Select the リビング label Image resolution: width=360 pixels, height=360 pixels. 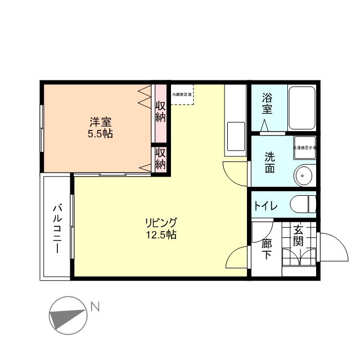coord(160,222)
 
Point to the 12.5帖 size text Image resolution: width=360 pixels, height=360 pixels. coord(160,235)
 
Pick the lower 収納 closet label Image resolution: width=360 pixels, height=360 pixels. coord(161,159)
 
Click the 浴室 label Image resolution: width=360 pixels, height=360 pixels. coord(268,104)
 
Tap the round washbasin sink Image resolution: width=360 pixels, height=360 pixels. coord(304,175)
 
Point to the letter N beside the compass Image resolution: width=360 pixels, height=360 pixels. coord(95,307)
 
